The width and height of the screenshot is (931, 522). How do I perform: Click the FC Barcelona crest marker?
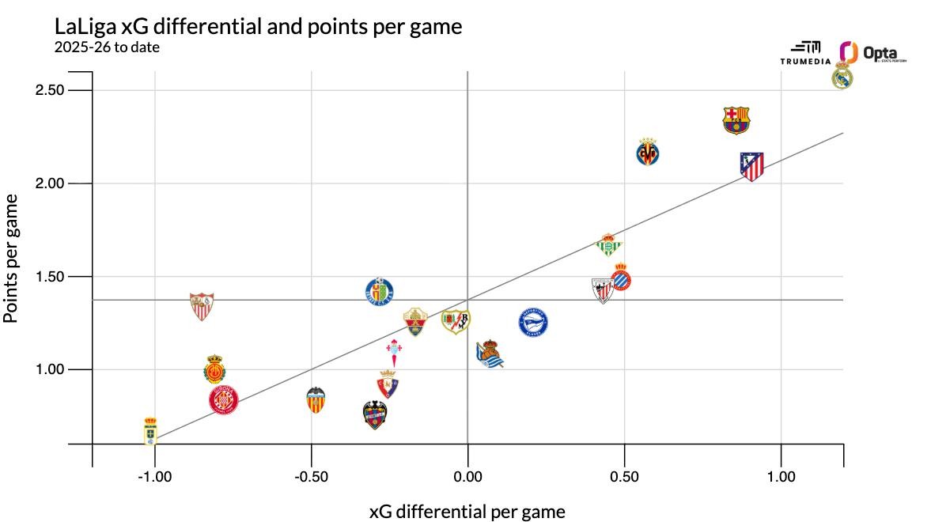[x=736, y=120]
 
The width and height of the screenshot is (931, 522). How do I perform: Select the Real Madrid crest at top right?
[x=842, y=78]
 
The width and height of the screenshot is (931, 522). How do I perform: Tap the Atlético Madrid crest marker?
[x=751, y=166]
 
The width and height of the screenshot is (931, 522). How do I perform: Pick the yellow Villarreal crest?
[x=648, y=152]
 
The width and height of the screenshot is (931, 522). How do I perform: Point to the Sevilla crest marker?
[x=202, y=305]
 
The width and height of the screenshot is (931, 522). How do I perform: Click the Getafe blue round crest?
[x=380, y=293]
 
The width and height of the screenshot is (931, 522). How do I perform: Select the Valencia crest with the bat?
[x=316, y=399]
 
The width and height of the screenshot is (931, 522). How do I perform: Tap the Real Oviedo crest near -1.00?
[x=150, y=431]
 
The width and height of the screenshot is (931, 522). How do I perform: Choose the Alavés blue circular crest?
[x=532, y=323]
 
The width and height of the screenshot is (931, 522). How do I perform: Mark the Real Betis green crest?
[x=608, y=245]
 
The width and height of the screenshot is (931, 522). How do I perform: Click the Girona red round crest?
[x=224, y=400]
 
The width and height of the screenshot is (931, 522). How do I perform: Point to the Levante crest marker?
[x=374, y=414]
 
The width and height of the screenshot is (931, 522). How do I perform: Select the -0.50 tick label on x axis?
[x=311, y=477]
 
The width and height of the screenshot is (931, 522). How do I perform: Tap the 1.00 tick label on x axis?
[x=781, y=477]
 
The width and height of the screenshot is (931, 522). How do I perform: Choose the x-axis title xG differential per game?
[x=467, y=512]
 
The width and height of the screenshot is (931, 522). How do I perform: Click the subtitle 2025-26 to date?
[x=108, y=47]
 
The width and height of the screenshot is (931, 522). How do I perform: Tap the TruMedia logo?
[x=805, y=53]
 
